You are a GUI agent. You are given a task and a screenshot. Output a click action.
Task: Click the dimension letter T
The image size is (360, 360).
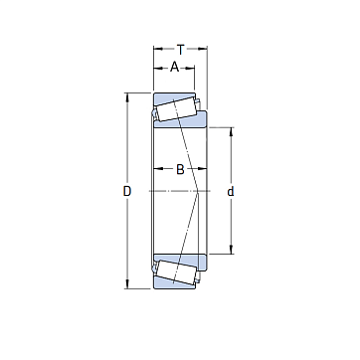pos(180,50)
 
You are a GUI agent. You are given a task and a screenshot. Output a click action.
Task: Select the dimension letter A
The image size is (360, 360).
pos(174,68)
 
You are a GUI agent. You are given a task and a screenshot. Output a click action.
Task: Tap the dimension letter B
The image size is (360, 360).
pos(180,170)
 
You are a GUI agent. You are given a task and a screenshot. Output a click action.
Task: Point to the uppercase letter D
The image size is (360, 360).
pos(127,191)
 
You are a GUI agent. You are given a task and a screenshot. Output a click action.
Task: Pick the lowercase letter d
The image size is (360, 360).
pos(231,191)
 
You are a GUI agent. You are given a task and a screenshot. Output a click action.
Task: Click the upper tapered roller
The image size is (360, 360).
pos(176,108)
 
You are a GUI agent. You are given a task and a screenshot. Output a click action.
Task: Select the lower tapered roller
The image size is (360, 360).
pos(176,272)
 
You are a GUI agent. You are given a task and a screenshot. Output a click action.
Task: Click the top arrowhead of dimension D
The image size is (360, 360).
pos(127,96)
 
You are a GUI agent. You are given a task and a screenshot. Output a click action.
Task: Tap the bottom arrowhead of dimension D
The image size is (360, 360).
pos(127,284)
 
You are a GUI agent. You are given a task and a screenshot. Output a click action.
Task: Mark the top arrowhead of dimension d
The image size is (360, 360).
pos(231,131)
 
